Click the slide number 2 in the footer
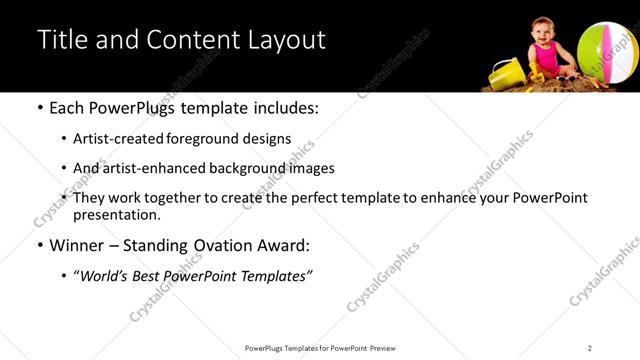[590, 348]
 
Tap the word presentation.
[116, 214]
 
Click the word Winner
[78, 244]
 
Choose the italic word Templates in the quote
[274, 275]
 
